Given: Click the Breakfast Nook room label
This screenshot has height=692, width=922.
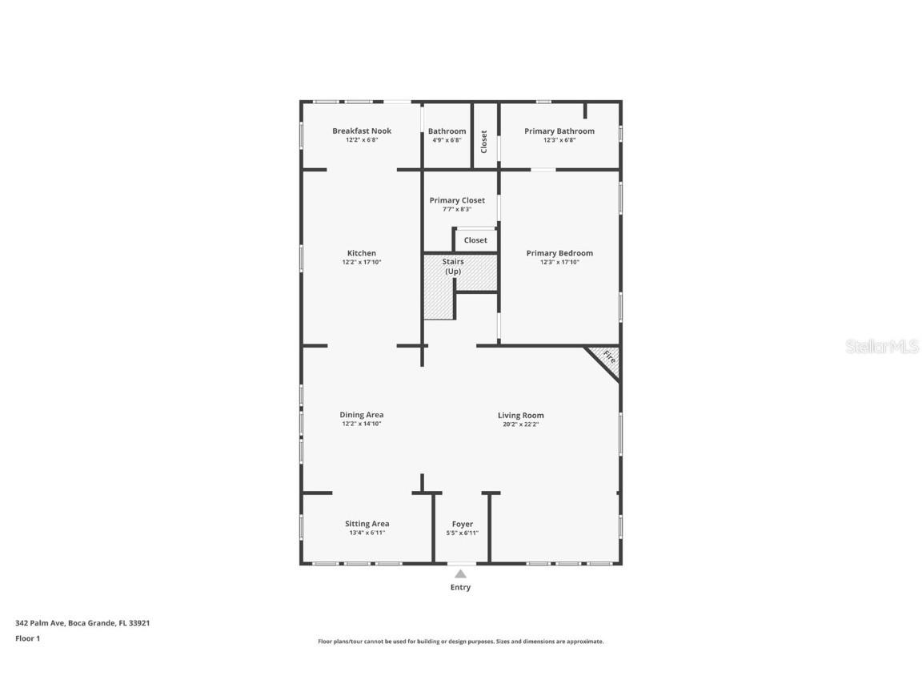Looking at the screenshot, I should point(362,131).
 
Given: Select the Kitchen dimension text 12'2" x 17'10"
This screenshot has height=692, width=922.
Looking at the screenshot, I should point(362,262).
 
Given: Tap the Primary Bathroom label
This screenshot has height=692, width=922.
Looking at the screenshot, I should point(559,131).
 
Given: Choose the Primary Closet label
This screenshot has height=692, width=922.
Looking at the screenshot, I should point(457,200).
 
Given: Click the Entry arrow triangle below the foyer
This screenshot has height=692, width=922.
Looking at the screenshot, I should point(460,573).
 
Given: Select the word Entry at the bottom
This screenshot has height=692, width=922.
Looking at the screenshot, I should point(460,587).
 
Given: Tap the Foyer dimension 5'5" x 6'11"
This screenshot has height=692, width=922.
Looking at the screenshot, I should point(463,533).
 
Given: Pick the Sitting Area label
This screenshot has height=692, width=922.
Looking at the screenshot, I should point(367,524).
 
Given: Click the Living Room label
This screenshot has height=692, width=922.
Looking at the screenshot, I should point(521,415).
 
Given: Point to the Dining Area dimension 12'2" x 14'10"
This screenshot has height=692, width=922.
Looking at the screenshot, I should point(362,424).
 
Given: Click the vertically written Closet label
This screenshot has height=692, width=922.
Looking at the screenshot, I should point(484,142).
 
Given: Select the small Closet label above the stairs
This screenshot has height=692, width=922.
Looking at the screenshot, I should point(475,240).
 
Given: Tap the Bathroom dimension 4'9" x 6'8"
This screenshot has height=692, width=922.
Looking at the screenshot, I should point(447,139).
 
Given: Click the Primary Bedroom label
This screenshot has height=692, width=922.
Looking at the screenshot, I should point(559,253).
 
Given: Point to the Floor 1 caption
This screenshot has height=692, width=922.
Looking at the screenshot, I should point(27,638).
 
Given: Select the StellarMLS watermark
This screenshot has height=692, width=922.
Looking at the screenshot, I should point(882,347).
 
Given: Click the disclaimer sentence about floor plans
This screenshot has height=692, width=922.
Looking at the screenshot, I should point(461,642).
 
